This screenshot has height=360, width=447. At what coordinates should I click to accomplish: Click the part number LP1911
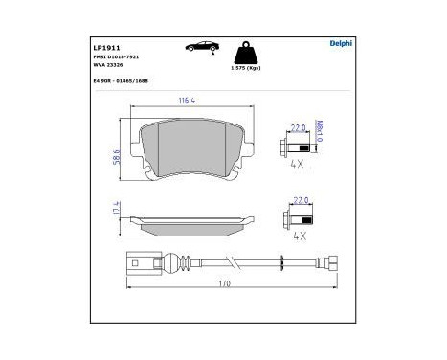(x=103, y=47)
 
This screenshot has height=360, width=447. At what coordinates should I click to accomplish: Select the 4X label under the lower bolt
(x=298, y=236)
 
